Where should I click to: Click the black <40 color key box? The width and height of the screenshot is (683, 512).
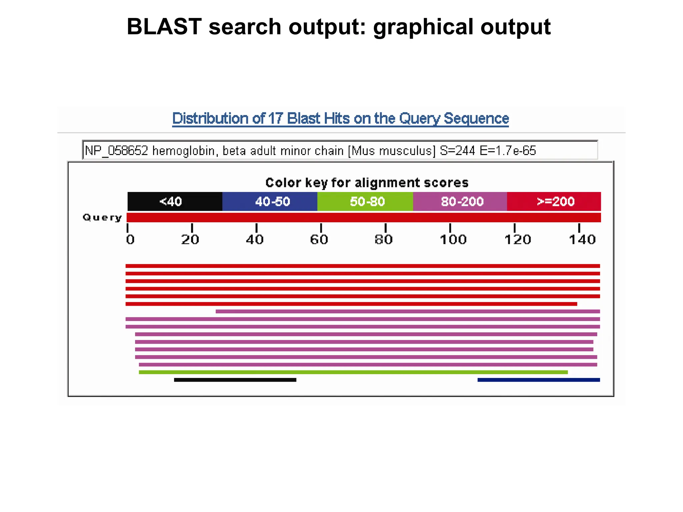pyautogui.click(x=175, y=201)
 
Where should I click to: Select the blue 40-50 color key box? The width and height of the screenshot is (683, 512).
pyautogui.click(x=270, y=201)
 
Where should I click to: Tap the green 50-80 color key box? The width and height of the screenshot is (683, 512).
pyautogui.click(x=365, y=201)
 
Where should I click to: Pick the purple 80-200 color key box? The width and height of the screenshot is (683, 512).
pyautogui.click(x=460, y=201)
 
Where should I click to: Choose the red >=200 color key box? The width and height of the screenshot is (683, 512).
pyautogui.click(x=554, y=201)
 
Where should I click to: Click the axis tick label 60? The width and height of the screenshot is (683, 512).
pyautogui.click(x=319, y=240)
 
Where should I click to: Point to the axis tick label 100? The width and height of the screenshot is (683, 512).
pyautogui.click(x=453, y=240)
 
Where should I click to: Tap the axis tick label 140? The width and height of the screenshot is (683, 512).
pyautogui.click(x=582, y=240)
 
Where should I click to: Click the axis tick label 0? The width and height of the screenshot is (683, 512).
pyautogui.click(x=130, y=240)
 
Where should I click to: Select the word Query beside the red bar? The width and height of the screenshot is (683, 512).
pyautogui.click(x=102, y=218)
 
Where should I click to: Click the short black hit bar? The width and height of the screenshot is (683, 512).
pyautogui.click(x=235, y=380)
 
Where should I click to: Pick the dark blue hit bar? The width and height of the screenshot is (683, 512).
pyautogui.click(x=539, y=380)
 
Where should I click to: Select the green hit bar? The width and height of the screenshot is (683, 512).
pyautogui.click(x=353, y=372)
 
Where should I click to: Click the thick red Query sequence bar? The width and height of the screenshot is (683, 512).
pyautogui.click(x=364, y=218)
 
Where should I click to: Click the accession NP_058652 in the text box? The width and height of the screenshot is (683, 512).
pyautogui.click(x=116, y=151)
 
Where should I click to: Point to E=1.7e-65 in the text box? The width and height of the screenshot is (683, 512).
pyautogui.click(x=508, y=151)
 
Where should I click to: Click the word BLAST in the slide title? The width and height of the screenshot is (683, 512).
pyautogui.click(x=164, y=27)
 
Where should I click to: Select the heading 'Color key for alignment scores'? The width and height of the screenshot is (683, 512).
pyautogui.click(x=367, y=183)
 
